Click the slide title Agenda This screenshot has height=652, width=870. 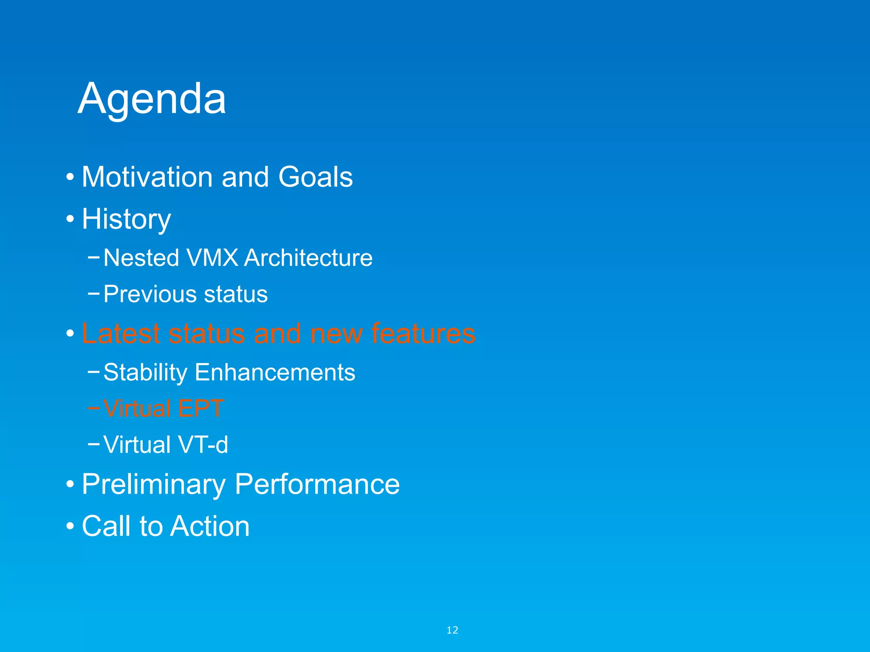[x=152, y=99]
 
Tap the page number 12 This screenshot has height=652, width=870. [x=452, y=630]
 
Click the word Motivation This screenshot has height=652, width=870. [x=147, y=177]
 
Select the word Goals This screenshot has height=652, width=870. [x=315, y=177]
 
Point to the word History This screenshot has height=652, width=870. [x=126, y=219]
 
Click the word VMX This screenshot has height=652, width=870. [x=212, y=258]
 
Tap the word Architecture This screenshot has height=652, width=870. [x=308, y=258]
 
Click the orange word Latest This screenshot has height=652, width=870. [x=121, y=333]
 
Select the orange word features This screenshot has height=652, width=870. [x=423, y=333]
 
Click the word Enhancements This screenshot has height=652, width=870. [x=275, y=372]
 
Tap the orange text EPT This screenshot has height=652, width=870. [x=201, y=408]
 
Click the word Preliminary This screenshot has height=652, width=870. [x=153, y=484]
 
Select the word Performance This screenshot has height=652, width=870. [x=317, y=484]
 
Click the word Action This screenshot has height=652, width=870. [x=210, y=526]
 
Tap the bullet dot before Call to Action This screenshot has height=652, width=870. [x=70, y=527]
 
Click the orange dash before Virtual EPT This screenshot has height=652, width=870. [x=93, y=408]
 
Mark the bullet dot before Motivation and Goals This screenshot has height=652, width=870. [x=70, y=177]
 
